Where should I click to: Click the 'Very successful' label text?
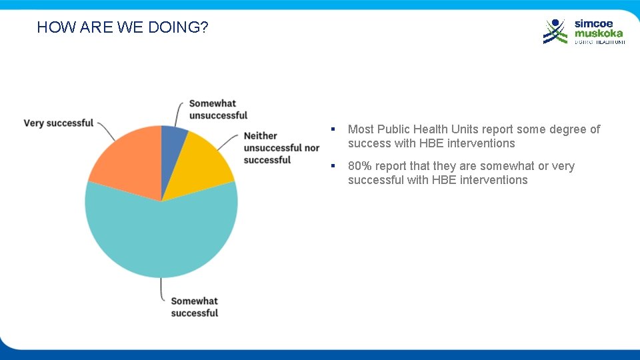[59, 123]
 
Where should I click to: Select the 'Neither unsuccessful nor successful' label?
[281, 147]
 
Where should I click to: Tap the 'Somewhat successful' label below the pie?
[194, 307]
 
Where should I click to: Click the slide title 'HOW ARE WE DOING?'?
[123, 27]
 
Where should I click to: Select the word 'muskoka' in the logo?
[599, 33]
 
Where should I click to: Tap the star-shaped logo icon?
[555, 31]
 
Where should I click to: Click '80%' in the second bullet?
[359, 166]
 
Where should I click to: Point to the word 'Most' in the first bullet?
[361, 129]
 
